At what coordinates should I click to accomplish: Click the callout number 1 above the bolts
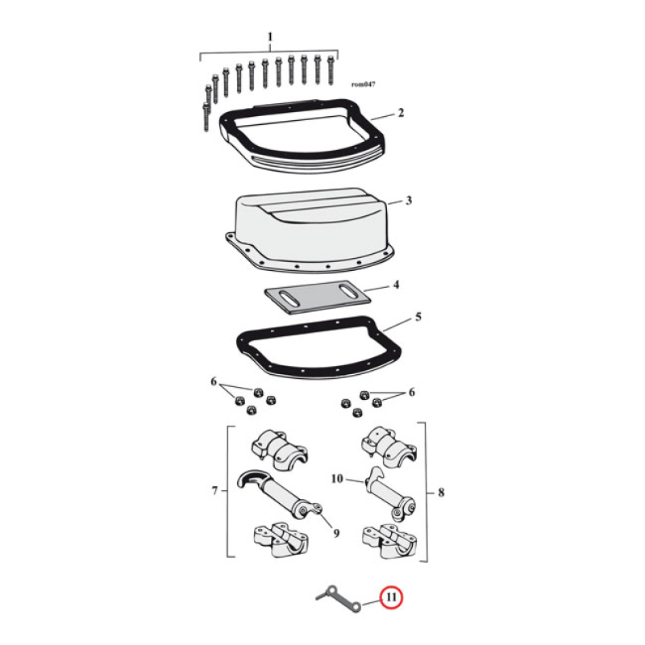point(270,37)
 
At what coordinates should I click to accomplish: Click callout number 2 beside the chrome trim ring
point(401,114)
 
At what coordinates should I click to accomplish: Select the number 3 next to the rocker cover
point(409,200)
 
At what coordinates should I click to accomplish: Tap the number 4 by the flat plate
point(395,285)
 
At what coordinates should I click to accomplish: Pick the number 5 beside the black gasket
point(418,317)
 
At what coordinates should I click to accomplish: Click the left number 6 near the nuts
point(214,380)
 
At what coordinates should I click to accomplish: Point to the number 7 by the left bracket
point(214,490)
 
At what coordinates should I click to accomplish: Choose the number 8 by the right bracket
point(438,490)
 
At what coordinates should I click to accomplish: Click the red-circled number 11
point(391,598)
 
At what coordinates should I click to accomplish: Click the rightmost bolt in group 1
point(331,70)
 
